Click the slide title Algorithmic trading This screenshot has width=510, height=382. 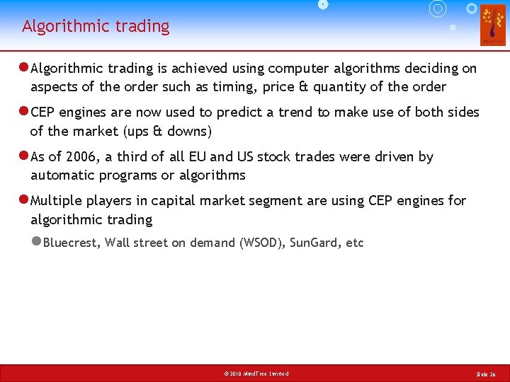click(96, 27)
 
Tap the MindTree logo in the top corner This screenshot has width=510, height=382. click(493, 25)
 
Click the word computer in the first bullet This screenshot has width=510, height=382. click(293, 69)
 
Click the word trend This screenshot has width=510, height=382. click(318, 112)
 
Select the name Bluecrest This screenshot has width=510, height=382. click(72, 243)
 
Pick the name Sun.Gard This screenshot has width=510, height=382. click(316, 243)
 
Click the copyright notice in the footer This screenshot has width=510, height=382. click(255, 374)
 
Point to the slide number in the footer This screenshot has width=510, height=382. click(486, 374)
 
